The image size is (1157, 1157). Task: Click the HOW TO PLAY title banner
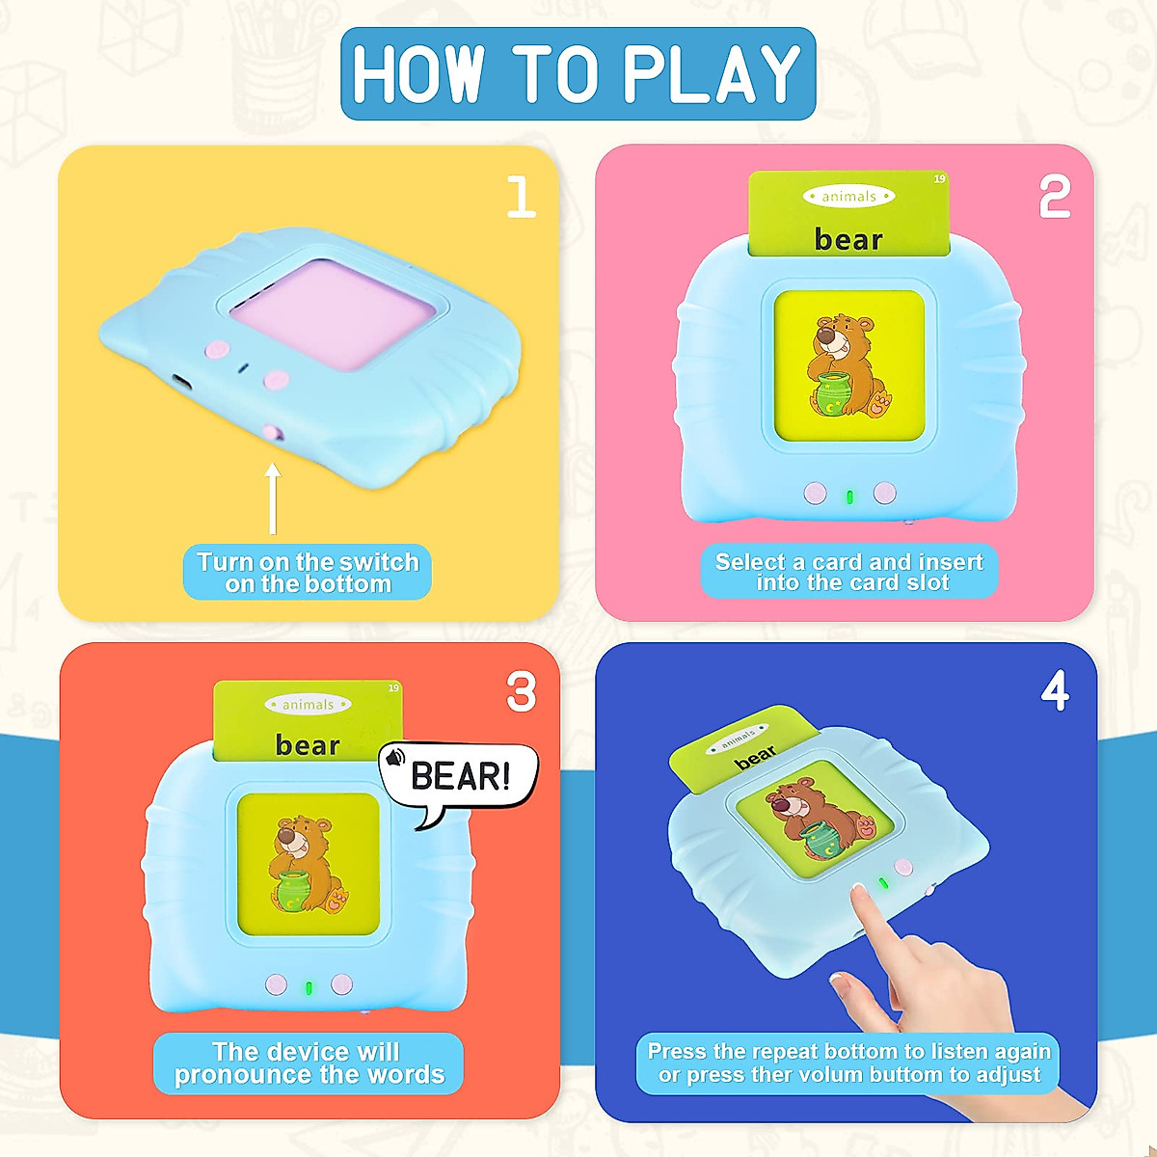pyautogui.click(x=578, y=74)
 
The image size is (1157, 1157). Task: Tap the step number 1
pyautogui.click(x=522, y=197)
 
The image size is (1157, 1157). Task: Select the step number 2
pyautogui.click(x=1055, y=197)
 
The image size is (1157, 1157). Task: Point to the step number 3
pyautogui.click(x=521, y=691)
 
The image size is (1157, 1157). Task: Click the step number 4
pyautogui.click(x=1055, y=690)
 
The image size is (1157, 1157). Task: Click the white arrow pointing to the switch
pyautogui.click(x=273, y=498)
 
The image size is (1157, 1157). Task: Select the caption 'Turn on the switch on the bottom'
pyautogui.click(x=308, y=572)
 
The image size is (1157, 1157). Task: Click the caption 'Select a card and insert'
pyautogui.click(x=849, y=562)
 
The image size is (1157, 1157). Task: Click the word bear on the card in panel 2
pyautogui.click(x=848, y=239)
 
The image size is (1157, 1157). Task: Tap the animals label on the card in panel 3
pyautogui.click(x=308, y=704)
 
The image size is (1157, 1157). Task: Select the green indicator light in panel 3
pyautogui.click(x=309, y=987)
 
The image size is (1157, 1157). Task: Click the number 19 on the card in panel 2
pyautogui.click(x=940, y=179)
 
